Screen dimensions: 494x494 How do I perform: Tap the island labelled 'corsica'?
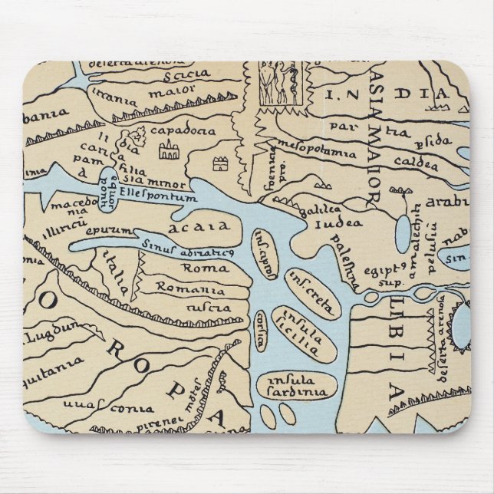[x=266, y=323]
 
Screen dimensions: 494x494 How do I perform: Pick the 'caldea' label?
[x=418, y=162]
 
